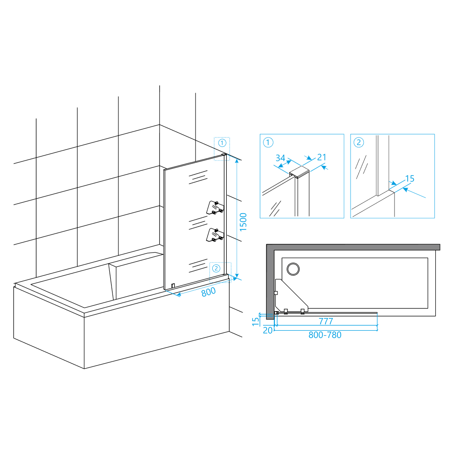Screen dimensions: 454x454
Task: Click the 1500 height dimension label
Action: pyautogui.click(x=243, y=222)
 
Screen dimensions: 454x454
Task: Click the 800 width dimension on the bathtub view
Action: pyautogui.click(x=209, y=292)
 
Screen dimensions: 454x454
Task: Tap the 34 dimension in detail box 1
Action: pyautogui.click(x=280, y=158)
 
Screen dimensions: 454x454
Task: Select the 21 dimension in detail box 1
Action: pyautogui.click(x=322, y=157)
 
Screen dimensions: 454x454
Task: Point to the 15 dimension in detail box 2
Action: pyautogui.click(x=410, y=179)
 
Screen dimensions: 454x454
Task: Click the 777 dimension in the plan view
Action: pyautogui.click(x=326, y=322)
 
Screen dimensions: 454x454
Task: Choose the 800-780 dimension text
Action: pyautogui.click(x=325, y=335)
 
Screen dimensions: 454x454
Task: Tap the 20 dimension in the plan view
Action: pyautogui.click(x=268, y=330)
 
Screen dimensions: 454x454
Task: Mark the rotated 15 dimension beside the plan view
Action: pyautogui.click(x=255, y=322)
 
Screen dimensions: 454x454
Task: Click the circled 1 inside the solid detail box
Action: pyautogui.click(x=268, y=142)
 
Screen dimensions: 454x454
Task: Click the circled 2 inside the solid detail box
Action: pyautogui.click(x=359, y=142)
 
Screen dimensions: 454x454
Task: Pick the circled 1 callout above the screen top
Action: pyautogui.click(x=222, y=143)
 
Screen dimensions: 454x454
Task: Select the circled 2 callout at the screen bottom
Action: pyautogui.click(x=216, y=268)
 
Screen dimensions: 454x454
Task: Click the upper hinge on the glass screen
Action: pyautogui.click(x=215, y=207)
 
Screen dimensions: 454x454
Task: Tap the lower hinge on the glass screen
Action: pyautogui.click(x=215, y=235)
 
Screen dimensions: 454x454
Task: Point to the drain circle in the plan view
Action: pyautogui.click(x=293, y=269)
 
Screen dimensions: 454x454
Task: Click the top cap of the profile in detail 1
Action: pyautogui.click(x=299, y=171)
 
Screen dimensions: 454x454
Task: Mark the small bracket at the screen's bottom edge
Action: pyautogui.click(x=173, y=286)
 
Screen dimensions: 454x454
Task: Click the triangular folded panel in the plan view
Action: pyautogui.click(x=291, y=296)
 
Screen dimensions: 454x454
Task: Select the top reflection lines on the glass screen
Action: pyautogui.click(x=198, y=177)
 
